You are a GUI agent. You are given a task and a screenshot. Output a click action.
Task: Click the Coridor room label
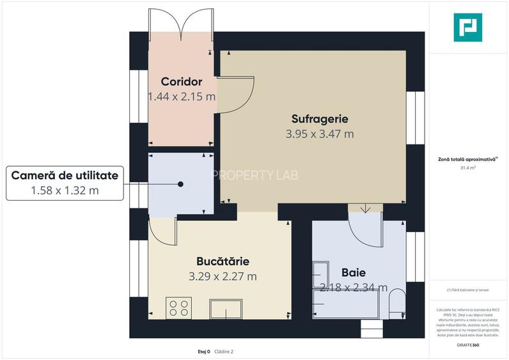tap(182, 82)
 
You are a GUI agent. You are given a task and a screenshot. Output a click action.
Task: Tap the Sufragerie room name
tap(319, 118)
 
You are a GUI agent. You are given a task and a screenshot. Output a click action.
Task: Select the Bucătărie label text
tap(223, 262)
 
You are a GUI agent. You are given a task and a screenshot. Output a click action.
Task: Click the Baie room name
tap(354, 272)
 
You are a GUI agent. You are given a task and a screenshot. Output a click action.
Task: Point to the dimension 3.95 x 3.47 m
tap(319, 134)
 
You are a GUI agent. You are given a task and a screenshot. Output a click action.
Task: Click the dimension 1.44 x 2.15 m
tap(182, 97)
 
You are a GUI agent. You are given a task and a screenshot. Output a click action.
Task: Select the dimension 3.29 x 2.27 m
tap(223, 277)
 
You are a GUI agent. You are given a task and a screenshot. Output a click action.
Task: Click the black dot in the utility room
tap(181, 184)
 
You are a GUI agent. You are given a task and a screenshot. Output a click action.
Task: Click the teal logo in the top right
tap(467, 27)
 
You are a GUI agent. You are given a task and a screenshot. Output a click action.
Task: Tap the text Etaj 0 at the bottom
tap(204, 351)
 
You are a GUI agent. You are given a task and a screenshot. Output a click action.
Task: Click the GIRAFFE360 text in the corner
tap(468, 345)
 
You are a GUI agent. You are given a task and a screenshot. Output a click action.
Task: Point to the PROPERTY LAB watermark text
tap(254, 175)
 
